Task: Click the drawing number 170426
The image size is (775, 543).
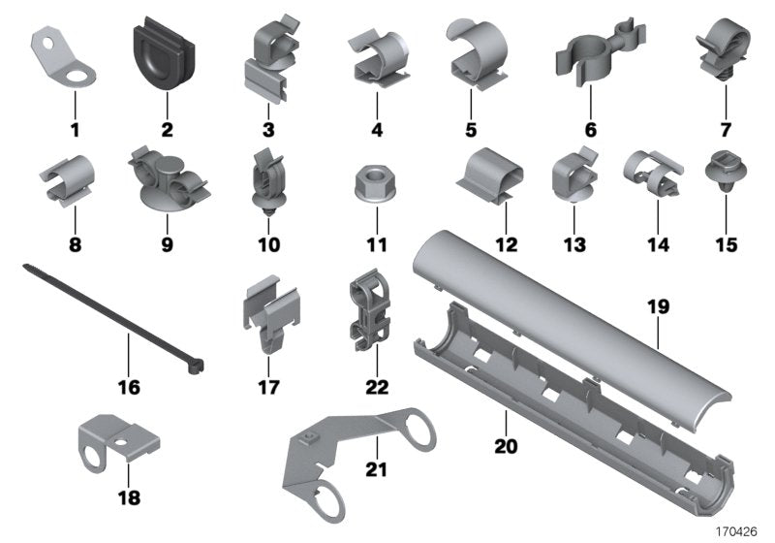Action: point(737,530)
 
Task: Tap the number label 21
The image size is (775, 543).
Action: point(376,469)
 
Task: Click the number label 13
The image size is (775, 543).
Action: point(575,245)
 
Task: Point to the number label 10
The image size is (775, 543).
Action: point(268,245)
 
